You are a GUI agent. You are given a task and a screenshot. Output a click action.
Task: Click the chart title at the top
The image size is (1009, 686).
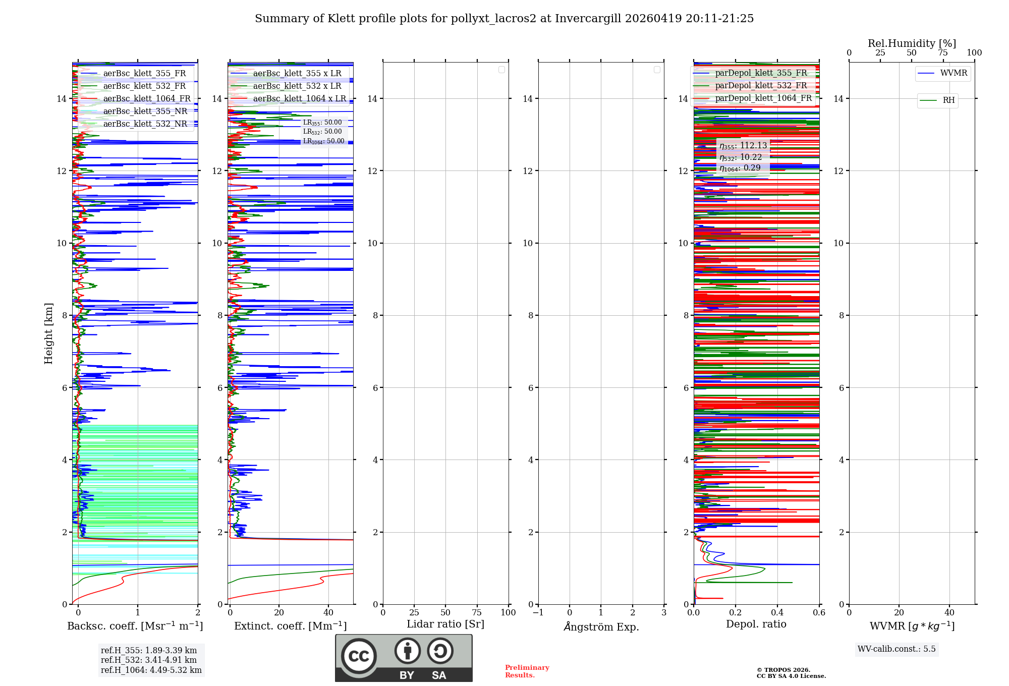point(504,19)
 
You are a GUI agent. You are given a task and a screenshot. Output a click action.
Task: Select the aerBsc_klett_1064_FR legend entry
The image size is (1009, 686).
point(146,99)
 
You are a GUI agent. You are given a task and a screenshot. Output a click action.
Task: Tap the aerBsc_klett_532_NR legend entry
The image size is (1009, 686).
point(145,124)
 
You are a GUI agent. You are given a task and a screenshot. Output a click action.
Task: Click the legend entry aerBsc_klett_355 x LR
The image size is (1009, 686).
point(297,74)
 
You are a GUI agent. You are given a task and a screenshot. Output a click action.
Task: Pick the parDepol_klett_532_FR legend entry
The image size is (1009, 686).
point(760,86)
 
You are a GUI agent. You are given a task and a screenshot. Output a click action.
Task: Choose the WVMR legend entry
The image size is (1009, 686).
point(953,73)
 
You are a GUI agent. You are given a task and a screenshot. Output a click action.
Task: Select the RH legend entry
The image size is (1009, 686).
point(948,100)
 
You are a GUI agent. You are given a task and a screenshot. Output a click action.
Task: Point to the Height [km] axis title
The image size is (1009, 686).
point(48,333)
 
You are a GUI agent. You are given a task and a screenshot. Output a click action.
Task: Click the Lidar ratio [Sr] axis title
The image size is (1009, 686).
point(445,624)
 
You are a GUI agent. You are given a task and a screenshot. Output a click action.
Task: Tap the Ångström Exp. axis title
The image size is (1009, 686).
point(601,627)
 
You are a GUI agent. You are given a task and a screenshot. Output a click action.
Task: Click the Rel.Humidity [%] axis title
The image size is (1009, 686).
point(912,43)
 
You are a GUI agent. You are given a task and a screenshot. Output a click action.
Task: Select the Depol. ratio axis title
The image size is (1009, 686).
point(756,624)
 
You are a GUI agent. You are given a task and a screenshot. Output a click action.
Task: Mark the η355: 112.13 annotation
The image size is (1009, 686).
point(743,146)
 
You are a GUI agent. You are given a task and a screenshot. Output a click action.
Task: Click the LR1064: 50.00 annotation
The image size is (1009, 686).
point(323,141)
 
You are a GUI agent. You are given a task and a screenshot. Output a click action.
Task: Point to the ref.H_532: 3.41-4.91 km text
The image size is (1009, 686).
point(149,660)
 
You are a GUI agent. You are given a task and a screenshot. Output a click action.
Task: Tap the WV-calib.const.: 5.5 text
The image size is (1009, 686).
point(896,649)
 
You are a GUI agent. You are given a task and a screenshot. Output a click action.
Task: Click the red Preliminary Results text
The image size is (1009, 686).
point(527,671)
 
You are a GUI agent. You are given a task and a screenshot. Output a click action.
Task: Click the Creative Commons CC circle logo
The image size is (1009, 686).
point(359,656)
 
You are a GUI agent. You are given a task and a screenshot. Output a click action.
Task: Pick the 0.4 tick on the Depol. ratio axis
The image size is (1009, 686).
point(777,613)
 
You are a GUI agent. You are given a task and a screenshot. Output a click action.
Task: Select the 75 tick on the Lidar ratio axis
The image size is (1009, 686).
point(477,613)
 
